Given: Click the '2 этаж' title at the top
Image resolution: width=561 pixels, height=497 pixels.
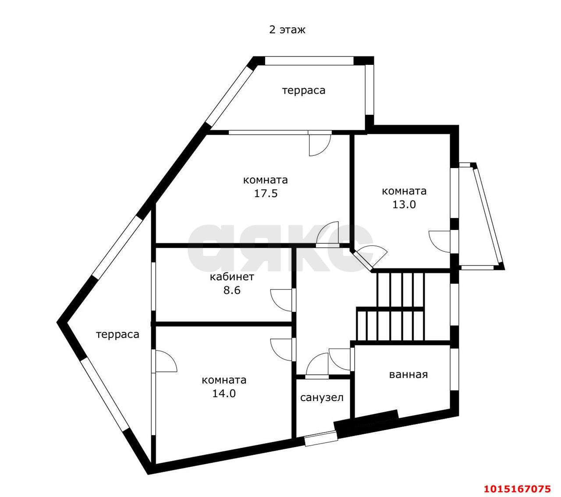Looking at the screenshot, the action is point(287,30).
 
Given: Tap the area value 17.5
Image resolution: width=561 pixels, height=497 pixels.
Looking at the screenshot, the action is point(266,193).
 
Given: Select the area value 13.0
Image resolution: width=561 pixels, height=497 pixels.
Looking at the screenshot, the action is point(404,204).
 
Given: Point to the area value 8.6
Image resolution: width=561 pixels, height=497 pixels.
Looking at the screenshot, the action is point(232,290).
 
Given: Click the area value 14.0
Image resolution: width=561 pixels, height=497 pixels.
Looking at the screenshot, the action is point(224,393).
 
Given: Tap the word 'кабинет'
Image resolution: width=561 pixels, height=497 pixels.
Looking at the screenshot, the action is point(232,277).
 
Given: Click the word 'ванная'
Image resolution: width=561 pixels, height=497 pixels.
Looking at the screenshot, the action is point(408,375).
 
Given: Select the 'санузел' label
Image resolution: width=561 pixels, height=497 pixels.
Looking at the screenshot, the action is point(322,398).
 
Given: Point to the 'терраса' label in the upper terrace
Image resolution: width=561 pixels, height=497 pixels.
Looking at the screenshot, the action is point(303,91).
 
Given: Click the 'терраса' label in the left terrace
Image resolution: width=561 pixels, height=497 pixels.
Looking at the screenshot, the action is point(117,335).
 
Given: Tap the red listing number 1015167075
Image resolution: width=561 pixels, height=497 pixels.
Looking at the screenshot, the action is point(517,489).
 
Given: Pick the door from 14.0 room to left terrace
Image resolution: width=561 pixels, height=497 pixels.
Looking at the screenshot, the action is point(165,361).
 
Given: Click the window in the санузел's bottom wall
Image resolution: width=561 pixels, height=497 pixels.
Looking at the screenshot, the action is point(321,438).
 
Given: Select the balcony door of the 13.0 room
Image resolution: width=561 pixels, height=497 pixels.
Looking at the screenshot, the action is point(441,241).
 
